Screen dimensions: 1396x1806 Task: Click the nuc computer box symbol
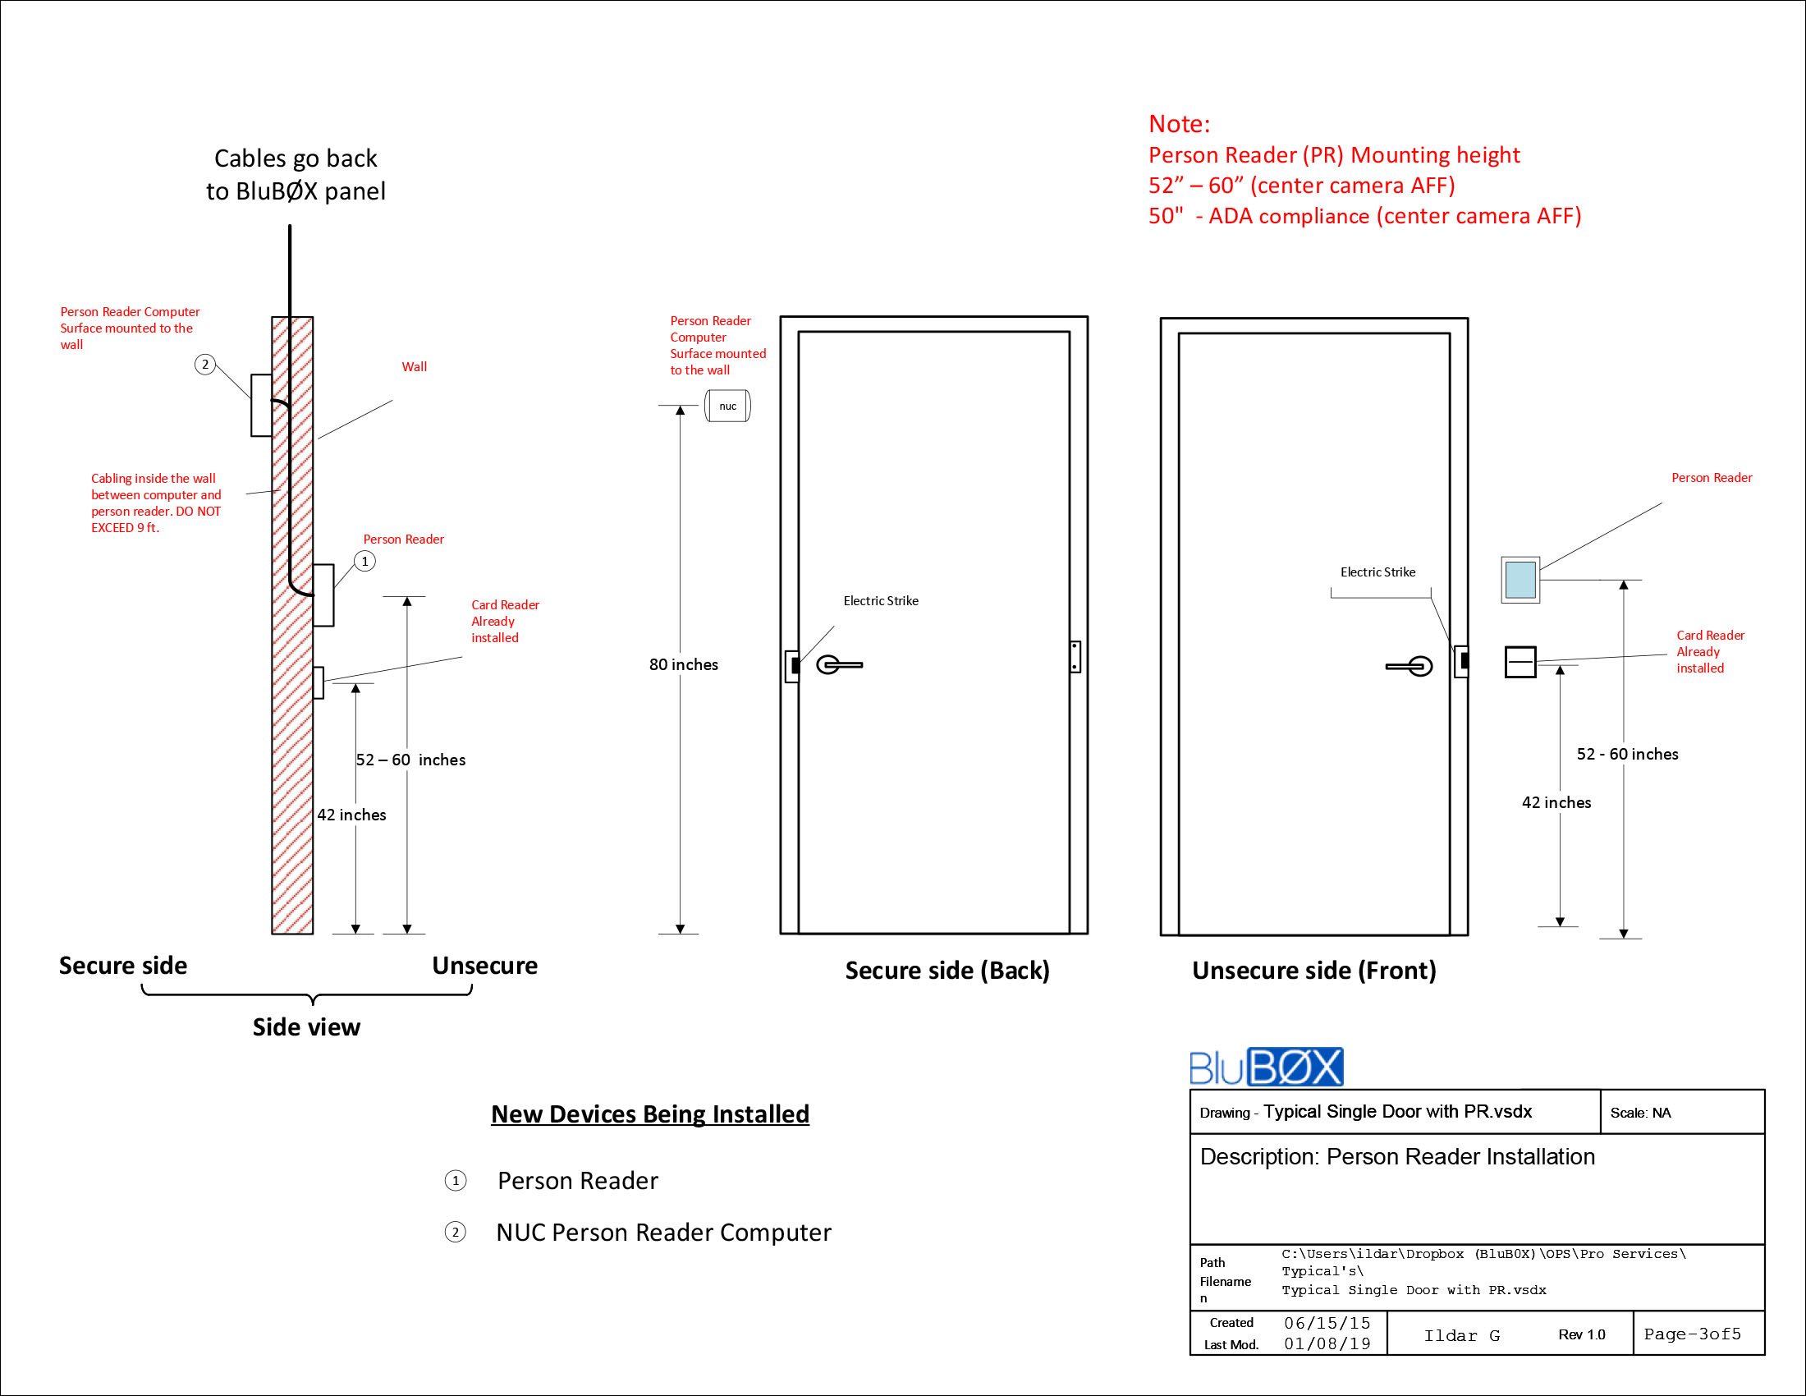tap(727, 406)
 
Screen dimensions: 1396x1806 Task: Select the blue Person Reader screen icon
tap(1520, 580)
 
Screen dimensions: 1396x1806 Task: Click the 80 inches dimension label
tap(683, 664)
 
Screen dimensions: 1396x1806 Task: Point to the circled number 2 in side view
tap(205, 364)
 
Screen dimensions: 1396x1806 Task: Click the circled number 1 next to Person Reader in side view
tap(364, 561)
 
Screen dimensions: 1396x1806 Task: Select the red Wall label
tap(415, 366)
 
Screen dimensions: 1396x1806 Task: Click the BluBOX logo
tap(1265, 1067)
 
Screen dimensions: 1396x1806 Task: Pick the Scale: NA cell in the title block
tap(1640, 1113)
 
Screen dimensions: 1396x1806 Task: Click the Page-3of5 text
tap(1692, 1333)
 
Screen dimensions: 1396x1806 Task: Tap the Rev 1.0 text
tap(1581, 1334)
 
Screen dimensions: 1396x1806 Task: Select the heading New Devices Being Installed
tap(650, 1114)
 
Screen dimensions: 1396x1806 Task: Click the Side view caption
tap(306, 1026)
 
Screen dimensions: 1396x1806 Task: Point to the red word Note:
tap(1178, 124)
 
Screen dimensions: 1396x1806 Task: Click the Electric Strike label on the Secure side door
tap(880, 600)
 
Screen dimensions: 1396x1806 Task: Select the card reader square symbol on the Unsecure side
tap(1520, 662)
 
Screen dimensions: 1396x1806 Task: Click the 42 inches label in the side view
tap(351, 815)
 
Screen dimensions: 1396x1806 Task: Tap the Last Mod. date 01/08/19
tap(1327, 1344)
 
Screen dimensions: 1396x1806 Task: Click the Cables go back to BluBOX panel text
tap(296, 174)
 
